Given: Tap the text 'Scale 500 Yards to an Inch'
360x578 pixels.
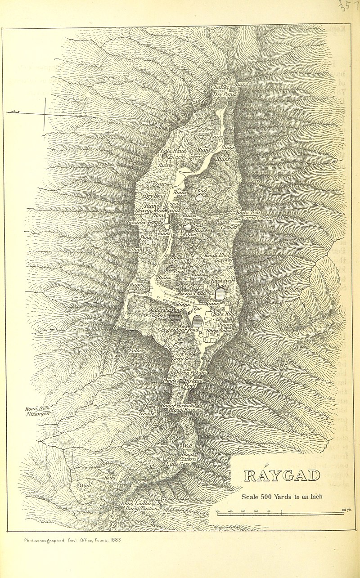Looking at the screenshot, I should pos(282,497).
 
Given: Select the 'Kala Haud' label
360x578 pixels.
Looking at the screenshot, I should pos(170,152).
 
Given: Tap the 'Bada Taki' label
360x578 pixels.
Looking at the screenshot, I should pos(249,212).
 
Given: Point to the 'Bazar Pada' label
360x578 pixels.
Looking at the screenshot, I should pos(192,293).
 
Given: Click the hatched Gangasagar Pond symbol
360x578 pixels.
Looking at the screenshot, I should pos(197,321).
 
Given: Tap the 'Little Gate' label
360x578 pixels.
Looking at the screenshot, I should pos(179,464).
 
